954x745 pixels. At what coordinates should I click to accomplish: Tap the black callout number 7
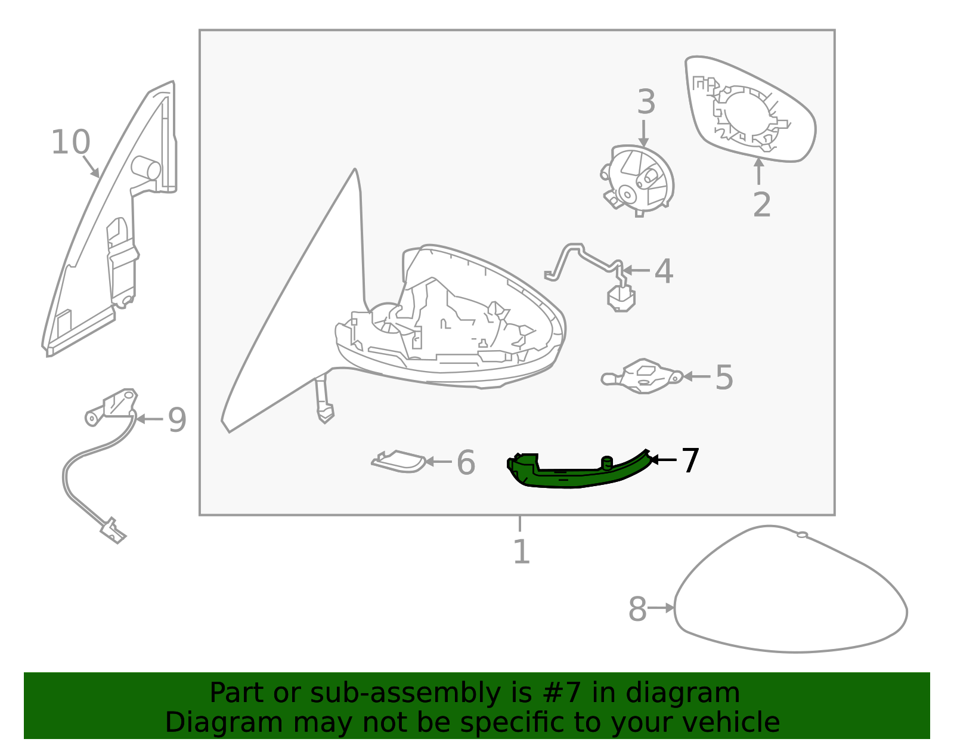[690, 460]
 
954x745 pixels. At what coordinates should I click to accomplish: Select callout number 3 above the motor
[646, 103]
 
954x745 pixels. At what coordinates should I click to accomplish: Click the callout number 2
[761, 205]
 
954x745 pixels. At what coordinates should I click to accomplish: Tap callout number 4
[664, 272]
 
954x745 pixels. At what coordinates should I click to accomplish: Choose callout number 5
[724, 378]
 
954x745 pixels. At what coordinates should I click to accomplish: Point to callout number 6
[466, 463]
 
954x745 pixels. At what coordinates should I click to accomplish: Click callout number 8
[637, 610]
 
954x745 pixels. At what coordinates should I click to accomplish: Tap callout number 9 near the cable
[177, 420]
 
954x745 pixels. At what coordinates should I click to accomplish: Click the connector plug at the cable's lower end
[113, 530]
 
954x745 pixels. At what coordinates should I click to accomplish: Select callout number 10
[70, 143]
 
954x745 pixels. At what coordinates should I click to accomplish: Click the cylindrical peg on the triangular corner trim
[145, 168]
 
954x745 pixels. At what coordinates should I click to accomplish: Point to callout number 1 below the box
[521, 552]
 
